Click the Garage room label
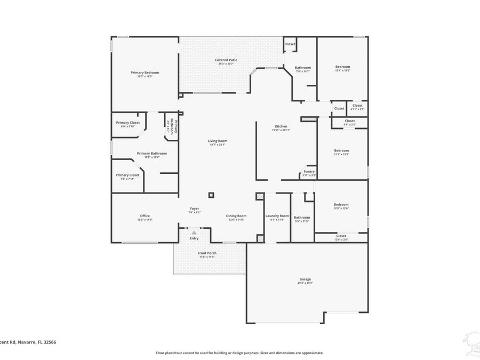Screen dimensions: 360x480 305,279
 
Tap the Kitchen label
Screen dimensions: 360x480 281,126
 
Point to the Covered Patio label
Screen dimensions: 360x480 226,60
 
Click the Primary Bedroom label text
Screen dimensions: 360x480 145,73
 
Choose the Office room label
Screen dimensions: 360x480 145,215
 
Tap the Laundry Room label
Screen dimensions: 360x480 277,215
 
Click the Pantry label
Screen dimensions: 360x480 309,172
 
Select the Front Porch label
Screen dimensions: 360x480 207,253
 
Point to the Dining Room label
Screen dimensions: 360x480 236,215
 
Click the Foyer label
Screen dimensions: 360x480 194,209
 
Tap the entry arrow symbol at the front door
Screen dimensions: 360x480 194,233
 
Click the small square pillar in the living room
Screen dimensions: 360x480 211,195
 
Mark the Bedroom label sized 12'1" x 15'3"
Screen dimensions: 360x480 342,67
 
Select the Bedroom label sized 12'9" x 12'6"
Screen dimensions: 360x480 341,204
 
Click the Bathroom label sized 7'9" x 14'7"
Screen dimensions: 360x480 303,68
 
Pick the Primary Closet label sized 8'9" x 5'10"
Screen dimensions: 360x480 127,123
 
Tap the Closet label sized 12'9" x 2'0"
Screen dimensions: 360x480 341,236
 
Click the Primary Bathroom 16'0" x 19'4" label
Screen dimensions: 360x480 151,154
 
